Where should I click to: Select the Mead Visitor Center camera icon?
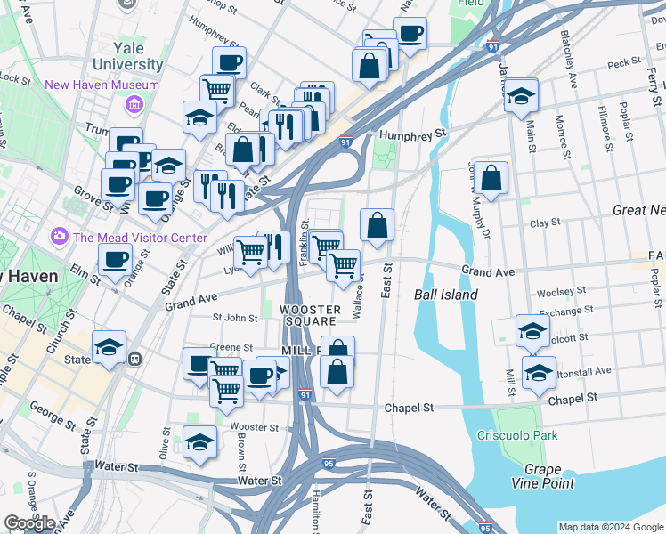tap(60, 236)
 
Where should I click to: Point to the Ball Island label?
tap(446, 295)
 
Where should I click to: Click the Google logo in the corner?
tap(29, 523)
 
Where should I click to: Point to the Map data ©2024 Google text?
tap(610, 527)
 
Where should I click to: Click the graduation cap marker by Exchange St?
tap(532, 331)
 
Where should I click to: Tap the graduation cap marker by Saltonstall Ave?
tap(539, 374)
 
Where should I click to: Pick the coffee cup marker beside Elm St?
tap(115, 262)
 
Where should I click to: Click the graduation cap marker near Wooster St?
tap(199, 443)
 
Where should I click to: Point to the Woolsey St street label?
tap(560, 291)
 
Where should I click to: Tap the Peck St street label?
tap(623, 63)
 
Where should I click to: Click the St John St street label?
tap(234, 317)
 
